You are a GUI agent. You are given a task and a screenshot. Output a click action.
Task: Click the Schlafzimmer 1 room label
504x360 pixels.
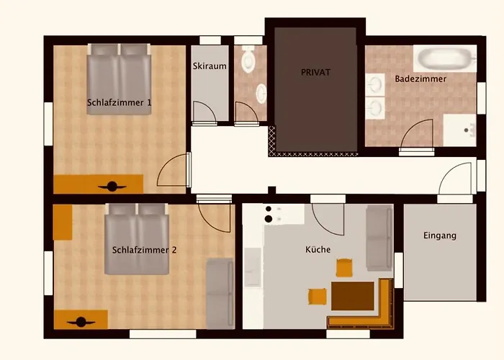pos(119,102)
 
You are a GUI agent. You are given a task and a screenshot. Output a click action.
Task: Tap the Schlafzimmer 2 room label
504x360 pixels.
pos(145,251)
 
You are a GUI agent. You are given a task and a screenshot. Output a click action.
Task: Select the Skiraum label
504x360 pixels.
pos(210,66)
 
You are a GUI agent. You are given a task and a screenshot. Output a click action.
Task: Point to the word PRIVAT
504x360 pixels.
pos(315,73)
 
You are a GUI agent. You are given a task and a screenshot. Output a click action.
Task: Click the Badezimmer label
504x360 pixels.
pos(420,78)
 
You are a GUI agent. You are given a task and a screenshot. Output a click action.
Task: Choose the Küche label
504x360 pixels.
pos(318,250)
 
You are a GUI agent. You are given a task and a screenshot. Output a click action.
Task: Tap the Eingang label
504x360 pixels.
pos(440,235)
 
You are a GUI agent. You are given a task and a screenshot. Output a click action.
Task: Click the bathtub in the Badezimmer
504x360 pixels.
pos(444,57)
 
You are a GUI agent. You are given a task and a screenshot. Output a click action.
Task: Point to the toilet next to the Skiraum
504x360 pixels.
pos(249,60)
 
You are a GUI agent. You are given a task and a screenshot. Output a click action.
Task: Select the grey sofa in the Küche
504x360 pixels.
pos(379,238)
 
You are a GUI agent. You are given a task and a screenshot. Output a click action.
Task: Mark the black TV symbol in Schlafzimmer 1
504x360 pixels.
pos(112,186)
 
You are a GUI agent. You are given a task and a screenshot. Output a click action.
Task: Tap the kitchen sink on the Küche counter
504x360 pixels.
pos(253,267)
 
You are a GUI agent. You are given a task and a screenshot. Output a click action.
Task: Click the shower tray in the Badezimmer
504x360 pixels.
pos(459,130)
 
